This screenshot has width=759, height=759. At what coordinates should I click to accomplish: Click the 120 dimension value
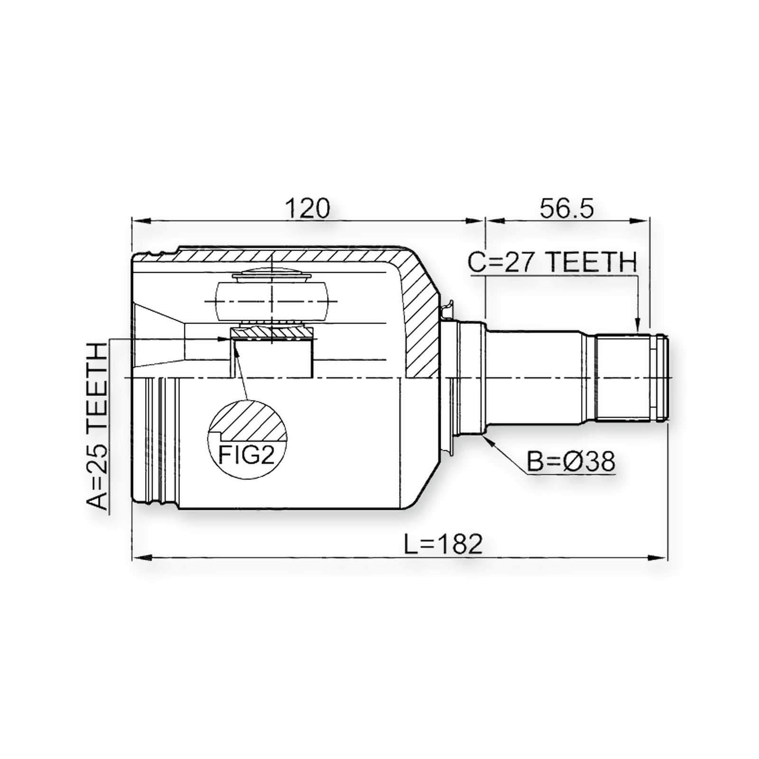(307, 209)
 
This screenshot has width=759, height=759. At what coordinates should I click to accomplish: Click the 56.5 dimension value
(566, 209)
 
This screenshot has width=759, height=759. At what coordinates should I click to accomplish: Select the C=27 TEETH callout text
(552, 262)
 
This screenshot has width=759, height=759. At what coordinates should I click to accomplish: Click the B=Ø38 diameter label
(571, 461)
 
